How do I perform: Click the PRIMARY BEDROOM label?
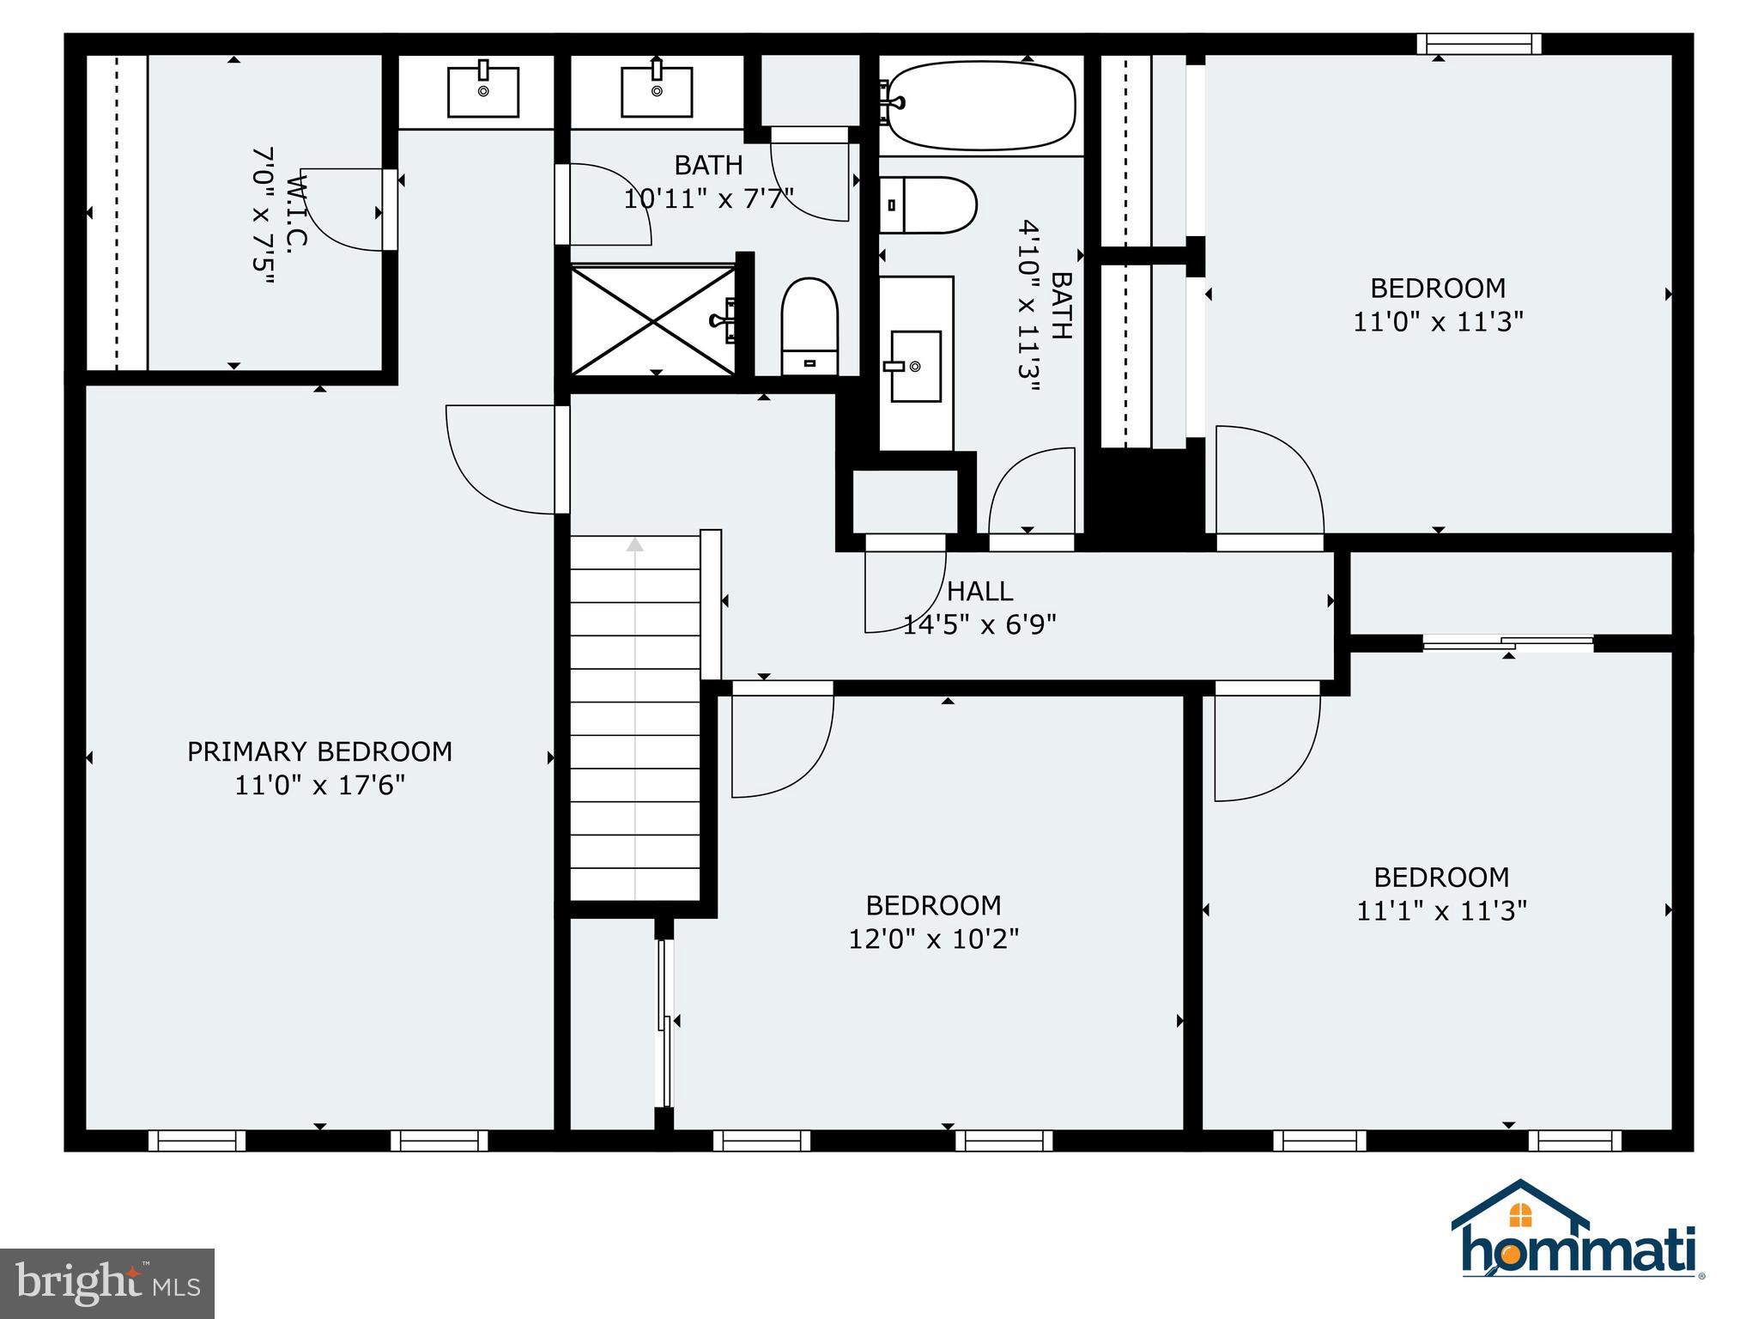pyautogui.click(x=319, y=751)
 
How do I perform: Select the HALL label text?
pyautogui.click(x=979, y=591)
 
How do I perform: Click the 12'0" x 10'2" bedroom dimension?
pyautogui.click(x=934, y=939)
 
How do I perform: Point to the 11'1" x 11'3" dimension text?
pyautogui.click(x=1441, y=910)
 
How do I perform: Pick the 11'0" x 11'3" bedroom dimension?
pyautogui.click(x=1438, y=321)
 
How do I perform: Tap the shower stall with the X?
pyautogui.click(x=653, y=320)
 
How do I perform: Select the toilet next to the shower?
pyautogui.click(x=809, y=326)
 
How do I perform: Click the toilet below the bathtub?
pyautogui.click(x=928, y=205)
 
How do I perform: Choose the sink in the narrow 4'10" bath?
pyautogui.click(x=916, y=366)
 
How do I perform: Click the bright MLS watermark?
pyautogui.click(x=107, y=1284)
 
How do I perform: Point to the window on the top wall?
pyautogui.click(x=1478, y=44)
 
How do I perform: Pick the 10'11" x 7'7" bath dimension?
pyautogui.click(x=708, y=198)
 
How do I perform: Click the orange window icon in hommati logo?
pyautogui.click(x=1520, y=1215)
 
